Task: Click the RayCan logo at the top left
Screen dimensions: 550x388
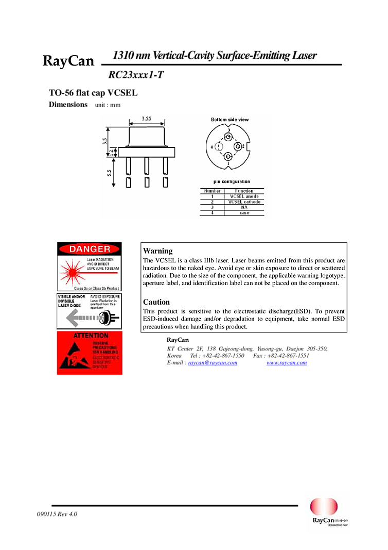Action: [66, 61]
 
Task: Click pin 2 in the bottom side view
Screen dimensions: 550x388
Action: [238, 147]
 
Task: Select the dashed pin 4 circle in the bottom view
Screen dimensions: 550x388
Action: [219, 147]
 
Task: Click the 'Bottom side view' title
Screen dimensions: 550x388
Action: [230, 120]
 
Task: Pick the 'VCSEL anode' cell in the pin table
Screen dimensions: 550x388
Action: [244, 196]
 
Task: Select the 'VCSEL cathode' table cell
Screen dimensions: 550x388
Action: [244, 202]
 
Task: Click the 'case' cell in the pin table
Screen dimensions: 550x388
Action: [244, 213]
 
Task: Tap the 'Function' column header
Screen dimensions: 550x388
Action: [244, 191]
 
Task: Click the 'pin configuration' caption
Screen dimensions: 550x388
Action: [232, 181]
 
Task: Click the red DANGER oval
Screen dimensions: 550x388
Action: [90, 249]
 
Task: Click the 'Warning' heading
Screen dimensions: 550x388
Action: [158, 251]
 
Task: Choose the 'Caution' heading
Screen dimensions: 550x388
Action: [156, 302]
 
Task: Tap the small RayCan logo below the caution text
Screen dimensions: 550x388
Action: [178, 340]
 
